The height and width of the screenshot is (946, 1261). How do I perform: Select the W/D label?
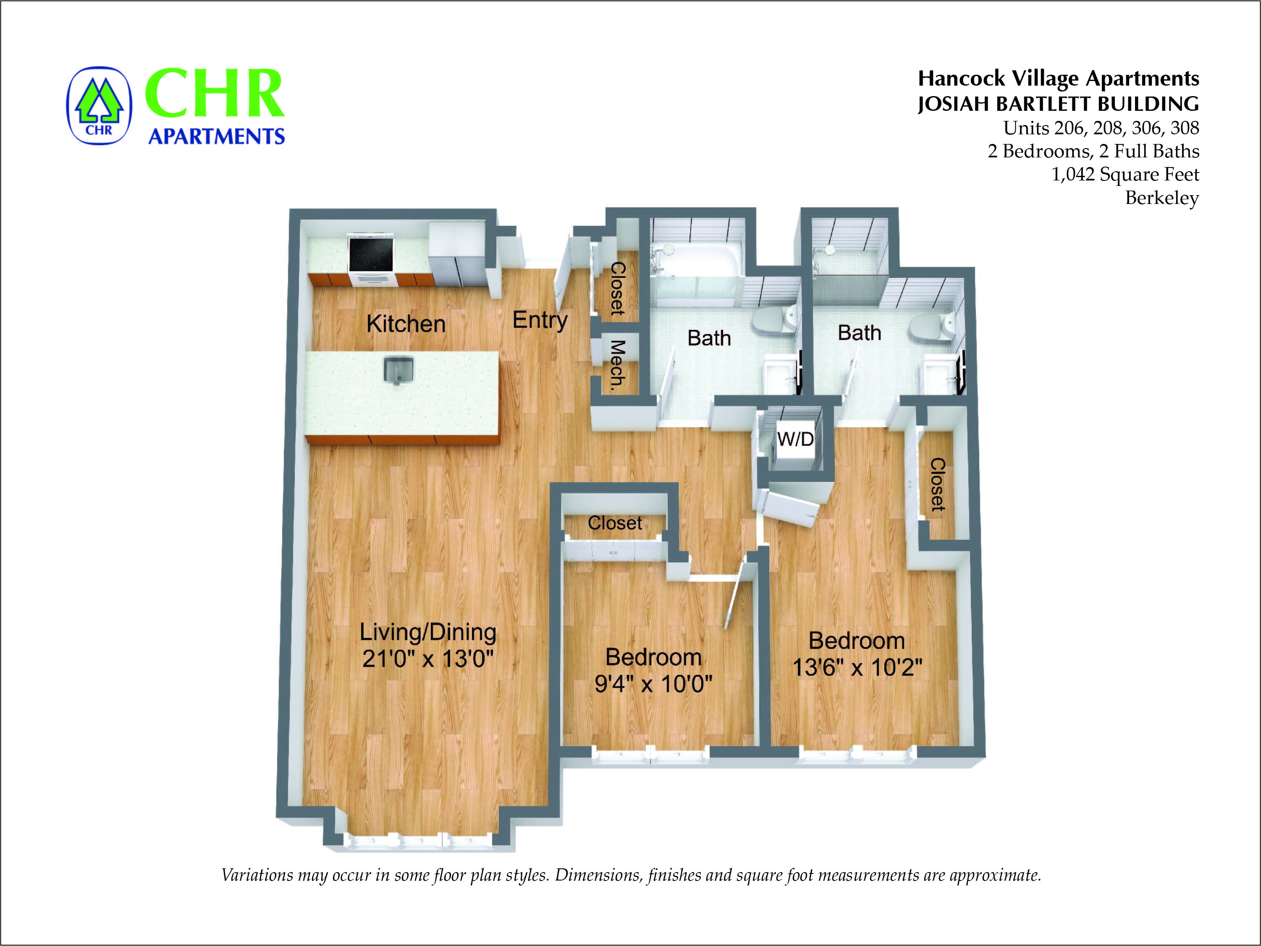click(x=795, y=439)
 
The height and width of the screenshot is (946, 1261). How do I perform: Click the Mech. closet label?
click(x=617, y=365)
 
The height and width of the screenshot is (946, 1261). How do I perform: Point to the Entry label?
click(x=540, y=320)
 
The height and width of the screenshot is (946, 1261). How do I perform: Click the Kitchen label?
click(x=406, y=324)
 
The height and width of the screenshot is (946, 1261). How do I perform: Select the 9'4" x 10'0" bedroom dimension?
click(x=653, y=683)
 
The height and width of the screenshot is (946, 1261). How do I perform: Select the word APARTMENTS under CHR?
click(x=217, y=136)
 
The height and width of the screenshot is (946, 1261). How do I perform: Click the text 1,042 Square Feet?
click(x=1125, y=174)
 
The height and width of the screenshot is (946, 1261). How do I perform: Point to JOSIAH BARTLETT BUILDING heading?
click(x=1058, y=104)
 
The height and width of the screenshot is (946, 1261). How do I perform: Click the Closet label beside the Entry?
click(x=617, y=288)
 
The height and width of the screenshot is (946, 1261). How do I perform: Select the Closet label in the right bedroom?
click(x=938, y=484)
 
